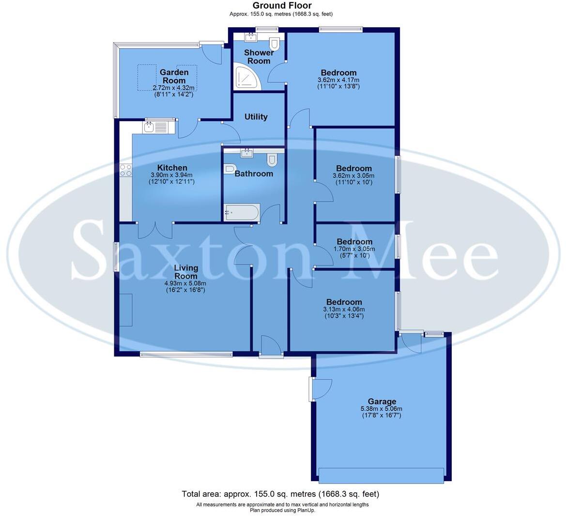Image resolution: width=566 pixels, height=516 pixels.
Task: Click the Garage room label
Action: click(x=382, y=401)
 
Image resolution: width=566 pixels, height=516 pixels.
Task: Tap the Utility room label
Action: click(x=256, y=117)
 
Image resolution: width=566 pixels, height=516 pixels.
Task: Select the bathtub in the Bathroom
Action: click(x=242, y=212)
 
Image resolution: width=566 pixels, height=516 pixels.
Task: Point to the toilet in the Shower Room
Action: click(x=274, y=44)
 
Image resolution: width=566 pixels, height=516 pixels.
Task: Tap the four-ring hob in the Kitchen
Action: click(x=125, y=170)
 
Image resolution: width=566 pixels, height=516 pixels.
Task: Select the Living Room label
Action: click(x=186, y=272)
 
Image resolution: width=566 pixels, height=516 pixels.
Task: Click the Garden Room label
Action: click(x=174, y=76)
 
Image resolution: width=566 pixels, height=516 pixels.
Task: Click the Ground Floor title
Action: click(x=282, y=5)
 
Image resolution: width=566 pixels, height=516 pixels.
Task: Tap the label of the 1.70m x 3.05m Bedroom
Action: click(x=354, y=242)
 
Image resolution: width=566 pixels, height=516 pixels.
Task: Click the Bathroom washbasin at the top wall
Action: click(x=247, y=154)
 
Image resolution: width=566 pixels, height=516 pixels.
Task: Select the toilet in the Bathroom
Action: click(x=272, y=159)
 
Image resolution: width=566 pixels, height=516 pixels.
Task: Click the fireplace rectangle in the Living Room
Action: click(x=126, y=310)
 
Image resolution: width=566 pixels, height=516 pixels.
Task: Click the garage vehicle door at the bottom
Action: click(x=381, y=475)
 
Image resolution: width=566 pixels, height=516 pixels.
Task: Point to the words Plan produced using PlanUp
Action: click(x=282, y=510)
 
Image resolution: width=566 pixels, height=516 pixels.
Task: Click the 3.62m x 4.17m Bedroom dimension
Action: click(x=338, y=80)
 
